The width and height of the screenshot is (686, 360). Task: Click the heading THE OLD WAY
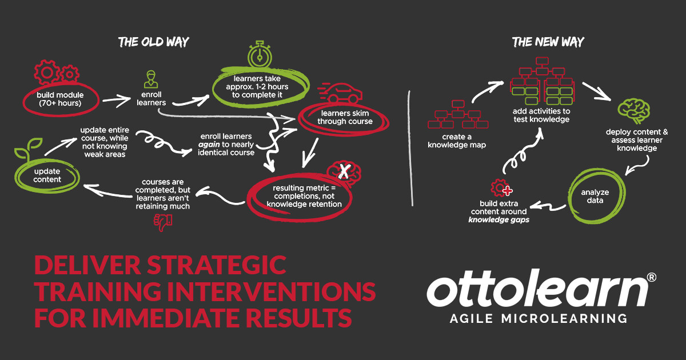(153, 42)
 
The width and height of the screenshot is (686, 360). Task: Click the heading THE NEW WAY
(548, 42)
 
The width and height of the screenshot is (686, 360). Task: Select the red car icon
(338, 93)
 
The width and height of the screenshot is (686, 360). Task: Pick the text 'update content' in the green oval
(47, 175)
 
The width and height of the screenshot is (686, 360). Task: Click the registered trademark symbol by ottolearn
(651, 277)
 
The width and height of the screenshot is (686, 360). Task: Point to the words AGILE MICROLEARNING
(537, 318)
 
